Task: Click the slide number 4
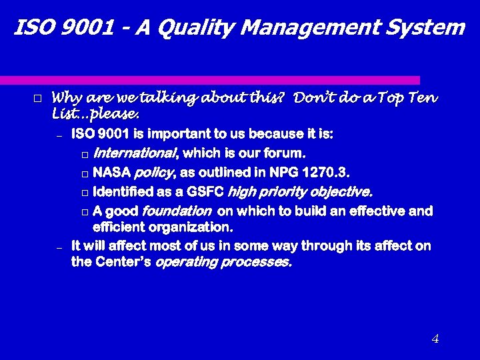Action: point(435,339)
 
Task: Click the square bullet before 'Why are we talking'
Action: point(37,99)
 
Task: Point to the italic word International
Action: point(135,154)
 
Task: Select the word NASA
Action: point(112,173)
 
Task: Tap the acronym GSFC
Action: point(205,193)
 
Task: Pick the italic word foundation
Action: point(177,212)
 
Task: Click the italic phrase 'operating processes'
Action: point(223,262)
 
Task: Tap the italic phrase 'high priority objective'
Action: point(300,193)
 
